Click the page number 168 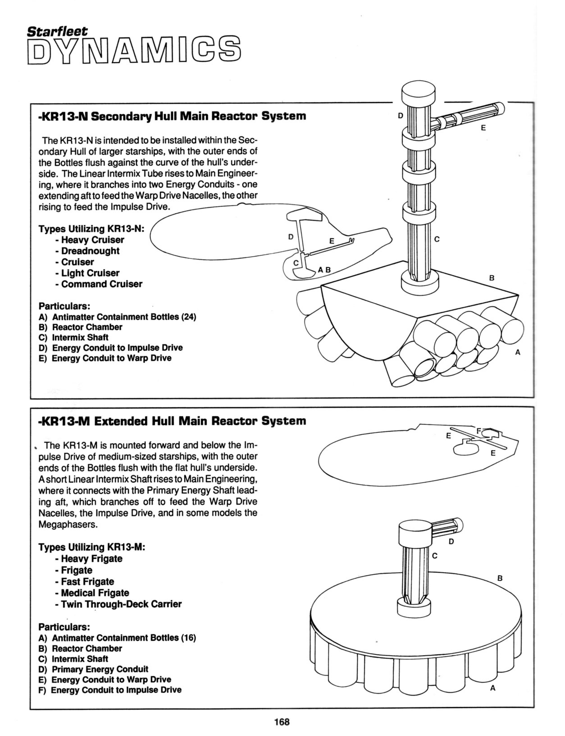tap(282, 722)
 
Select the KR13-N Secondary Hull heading tap(172, 116)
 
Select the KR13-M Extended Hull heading tap(172, 421)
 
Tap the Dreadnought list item tap(90, 251)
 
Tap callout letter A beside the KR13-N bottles tap(518, 353)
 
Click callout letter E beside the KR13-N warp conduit tap(483, 128)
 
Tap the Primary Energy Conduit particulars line tap(100, 669)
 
